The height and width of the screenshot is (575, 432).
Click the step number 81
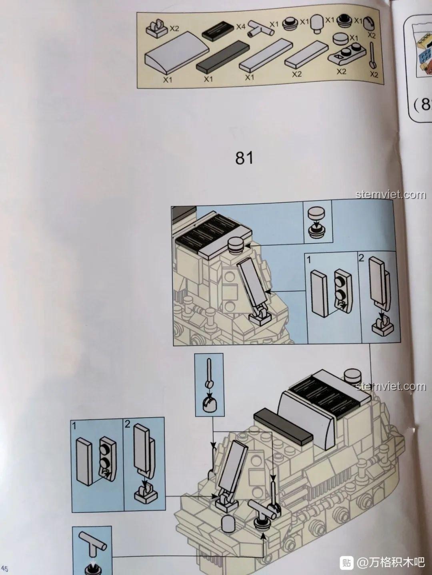point(244,158)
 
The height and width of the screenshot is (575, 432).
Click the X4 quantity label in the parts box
point(240,27)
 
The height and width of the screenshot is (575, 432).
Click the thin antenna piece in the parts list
point(373,56)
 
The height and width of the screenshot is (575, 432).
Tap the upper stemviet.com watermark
point(391,195)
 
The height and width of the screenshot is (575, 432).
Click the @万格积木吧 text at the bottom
point(390,563)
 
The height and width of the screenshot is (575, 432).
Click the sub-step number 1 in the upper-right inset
point(309,260)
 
